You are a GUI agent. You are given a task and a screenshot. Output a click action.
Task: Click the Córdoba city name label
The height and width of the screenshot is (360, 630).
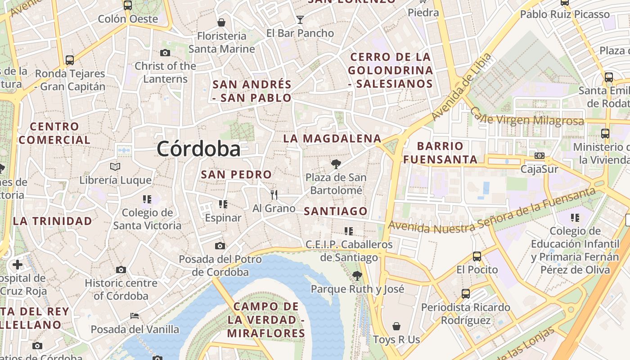click(198, 149)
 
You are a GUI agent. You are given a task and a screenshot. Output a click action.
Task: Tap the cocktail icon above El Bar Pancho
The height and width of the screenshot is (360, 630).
click(300, 19)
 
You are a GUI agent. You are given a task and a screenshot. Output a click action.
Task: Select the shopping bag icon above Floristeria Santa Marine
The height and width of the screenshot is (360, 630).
click(221, 22)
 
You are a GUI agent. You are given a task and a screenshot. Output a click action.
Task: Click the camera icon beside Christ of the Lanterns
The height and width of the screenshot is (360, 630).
click(165, 53)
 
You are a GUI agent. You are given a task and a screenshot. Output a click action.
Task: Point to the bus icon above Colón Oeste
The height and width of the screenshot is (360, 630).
click(128, 5)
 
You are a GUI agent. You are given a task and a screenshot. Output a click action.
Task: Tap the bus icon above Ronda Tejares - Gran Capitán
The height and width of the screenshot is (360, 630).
click(70, 60)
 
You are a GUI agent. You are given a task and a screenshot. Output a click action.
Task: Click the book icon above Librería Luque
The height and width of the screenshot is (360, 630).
click(115, 167)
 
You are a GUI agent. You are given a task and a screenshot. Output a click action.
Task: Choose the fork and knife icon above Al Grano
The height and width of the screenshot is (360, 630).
click(274, 194)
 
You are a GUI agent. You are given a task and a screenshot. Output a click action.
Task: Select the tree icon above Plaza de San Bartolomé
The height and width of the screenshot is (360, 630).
click(336, 164)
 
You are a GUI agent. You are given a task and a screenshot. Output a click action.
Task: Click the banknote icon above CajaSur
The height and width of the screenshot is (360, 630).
click(539, 156)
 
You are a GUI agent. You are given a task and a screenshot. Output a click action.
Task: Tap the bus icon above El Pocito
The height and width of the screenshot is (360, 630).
click(477, 256)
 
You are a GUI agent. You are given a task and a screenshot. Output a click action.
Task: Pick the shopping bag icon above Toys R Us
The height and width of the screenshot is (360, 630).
click(396, 326)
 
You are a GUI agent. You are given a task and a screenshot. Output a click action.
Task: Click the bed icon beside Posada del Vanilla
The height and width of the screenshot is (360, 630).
click(134, 316)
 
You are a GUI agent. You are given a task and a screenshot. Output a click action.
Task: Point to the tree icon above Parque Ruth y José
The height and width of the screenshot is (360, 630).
click(357, 275)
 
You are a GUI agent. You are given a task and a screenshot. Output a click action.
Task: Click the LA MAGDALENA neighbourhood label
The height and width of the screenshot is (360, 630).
click(332, 139)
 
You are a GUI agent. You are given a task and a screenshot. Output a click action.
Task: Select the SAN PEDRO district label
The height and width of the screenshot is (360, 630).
click(236, 175)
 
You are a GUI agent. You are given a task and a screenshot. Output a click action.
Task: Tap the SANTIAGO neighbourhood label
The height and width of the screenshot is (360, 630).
click(336, 211)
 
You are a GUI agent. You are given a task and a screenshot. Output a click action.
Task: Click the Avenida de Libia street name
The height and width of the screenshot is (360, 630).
click(461, 87)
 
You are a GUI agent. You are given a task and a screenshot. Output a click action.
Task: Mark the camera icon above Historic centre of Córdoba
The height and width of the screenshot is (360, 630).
click(121, 270)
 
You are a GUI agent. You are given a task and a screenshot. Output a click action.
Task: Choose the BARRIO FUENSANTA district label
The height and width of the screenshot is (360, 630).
click(441, 153)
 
